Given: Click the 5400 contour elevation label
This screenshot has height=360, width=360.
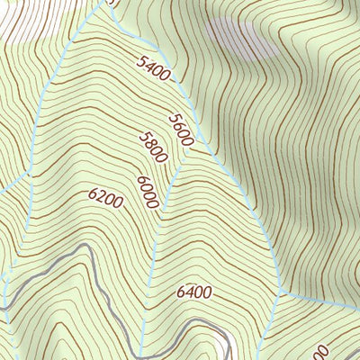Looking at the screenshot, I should pos(155,70).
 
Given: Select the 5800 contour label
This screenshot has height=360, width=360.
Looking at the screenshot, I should pos(154,147).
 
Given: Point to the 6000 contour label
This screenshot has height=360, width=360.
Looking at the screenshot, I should pos(148,191).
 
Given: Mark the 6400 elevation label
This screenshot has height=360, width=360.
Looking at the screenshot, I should pos(193,292).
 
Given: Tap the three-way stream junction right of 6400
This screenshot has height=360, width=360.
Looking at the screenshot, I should pos(282,293).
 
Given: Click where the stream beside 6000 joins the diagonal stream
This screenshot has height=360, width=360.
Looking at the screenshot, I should pos(183,165).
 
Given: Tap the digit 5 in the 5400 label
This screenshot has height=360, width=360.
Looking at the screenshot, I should pos(143,61).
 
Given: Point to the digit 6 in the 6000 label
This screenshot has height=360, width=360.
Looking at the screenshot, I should pos(142,180).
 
